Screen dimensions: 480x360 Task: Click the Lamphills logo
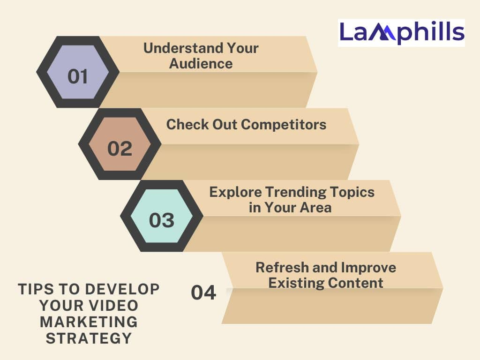point(401,33)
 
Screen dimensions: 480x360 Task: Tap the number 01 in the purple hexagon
point(78,76)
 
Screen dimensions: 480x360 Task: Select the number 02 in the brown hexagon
point(120,149)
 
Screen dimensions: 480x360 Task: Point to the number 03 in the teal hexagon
point(162,220)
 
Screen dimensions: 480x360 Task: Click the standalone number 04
point(203,292)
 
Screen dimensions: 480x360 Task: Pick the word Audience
point(201,64)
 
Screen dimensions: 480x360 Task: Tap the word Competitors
point(284,125)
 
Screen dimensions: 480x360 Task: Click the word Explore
point(235,192)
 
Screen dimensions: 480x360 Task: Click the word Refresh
point(282,268)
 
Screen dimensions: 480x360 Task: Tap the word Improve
point(368,268)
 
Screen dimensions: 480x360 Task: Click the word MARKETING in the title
point(89,322)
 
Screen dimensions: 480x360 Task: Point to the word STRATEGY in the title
point(89,338)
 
